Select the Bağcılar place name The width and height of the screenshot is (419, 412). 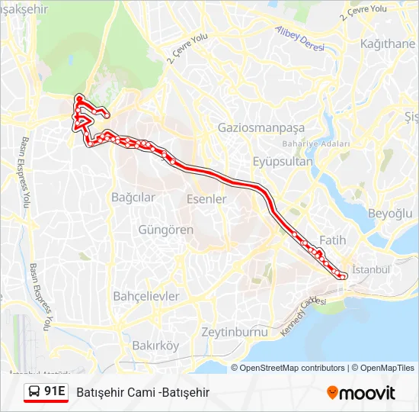[133, 197]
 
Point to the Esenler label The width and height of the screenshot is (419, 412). [206, 198]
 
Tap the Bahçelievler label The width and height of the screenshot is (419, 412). [146, 295]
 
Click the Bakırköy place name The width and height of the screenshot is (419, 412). [155, 346]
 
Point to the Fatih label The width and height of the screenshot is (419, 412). [333, 240]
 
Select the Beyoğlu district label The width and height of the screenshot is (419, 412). [389, 213]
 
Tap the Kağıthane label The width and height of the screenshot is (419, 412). [388, 43]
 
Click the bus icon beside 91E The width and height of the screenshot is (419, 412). [34, 392]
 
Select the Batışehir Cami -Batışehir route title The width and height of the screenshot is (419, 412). [142, 392]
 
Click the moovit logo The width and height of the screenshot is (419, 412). [361, 393]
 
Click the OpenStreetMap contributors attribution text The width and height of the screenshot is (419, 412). [293, 368]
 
